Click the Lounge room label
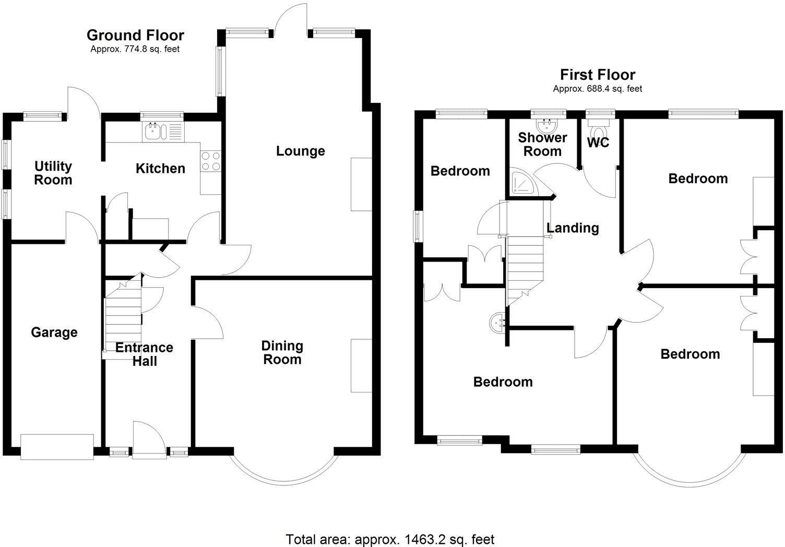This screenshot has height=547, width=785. pos(300,151)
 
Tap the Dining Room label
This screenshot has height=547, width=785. pos(282,352)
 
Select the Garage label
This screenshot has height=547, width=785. pos(54,332)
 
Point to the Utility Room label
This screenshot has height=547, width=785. pos(53,173)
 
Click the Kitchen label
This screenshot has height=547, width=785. pos(160,168)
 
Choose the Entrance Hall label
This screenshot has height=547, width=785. pos(145,354)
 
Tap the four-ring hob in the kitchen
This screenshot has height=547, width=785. pos(210,160)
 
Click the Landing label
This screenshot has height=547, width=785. pos(573,228)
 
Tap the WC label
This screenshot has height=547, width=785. pos(598,143)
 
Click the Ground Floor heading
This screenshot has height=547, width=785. pos(135,35)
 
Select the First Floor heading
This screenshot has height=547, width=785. pos(598,75)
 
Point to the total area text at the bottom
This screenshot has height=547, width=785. pos(390,539)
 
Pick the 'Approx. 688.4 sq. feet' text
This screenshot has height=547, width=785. pos(598,89)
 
